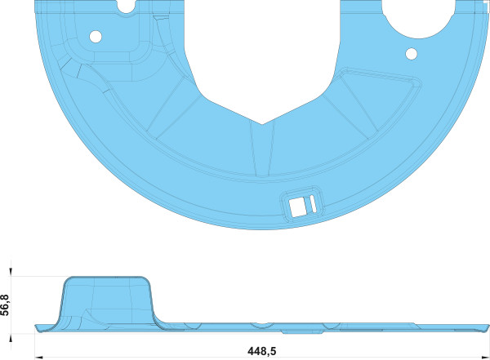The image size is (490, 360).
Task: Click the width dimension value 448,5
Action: click(x=262, y=351)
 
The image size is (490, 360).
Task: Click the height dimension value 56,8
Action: click(x=6, y=305)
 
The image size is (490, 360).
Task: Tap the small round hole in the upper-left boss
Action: click(x=96, y=37)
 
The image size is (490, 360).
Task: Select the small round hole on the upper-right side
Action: click(x=412, y=54)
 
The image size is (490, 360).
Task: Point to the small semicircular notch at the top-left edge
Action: click(x=127, y=9)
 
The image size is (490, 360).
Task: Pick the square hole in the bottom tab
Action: click(x=297, y=207)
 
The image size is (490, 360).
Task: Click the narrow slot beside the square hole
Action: click(x=313, y=203)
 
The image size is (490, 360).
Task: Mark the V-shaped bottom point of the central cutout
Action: click(x=262, y=124)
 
